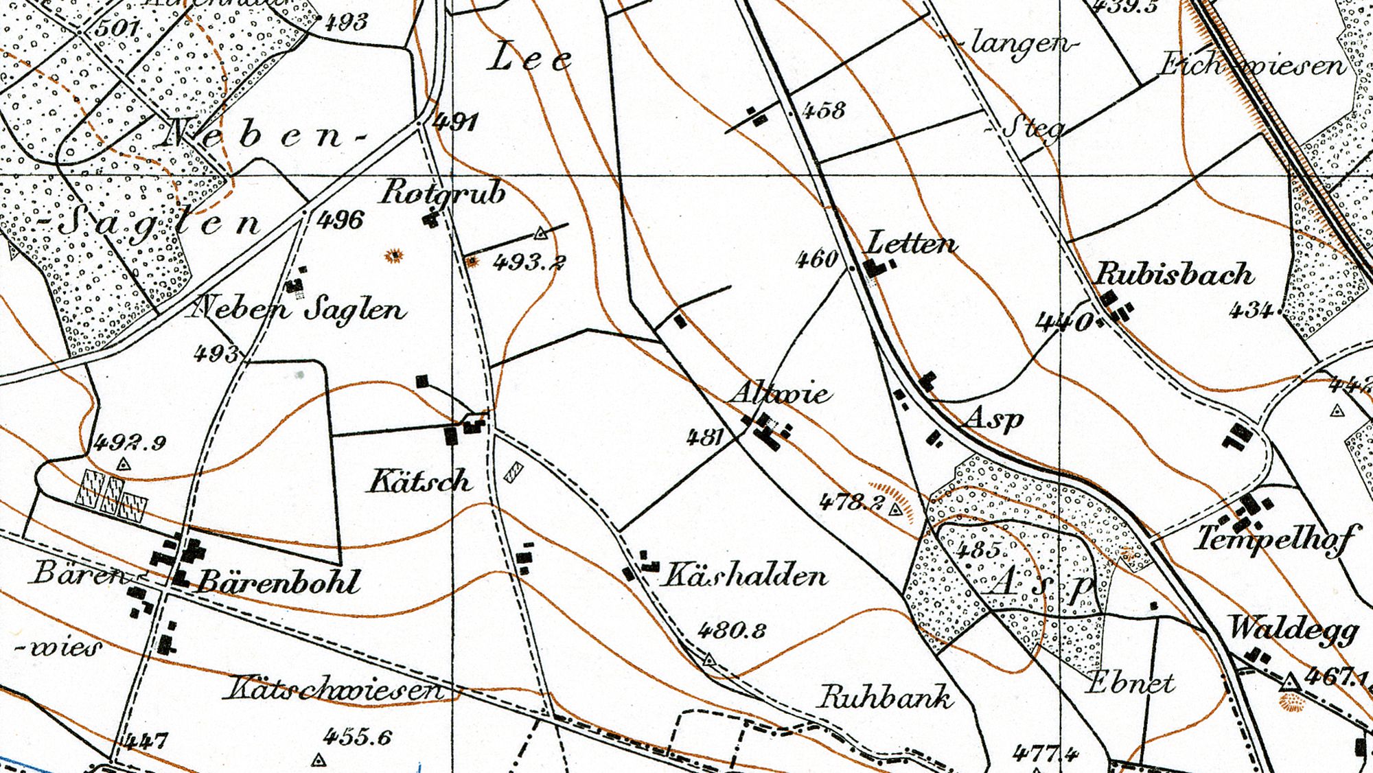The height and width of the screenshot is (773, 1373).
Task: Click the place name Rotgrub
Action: pos(443,192)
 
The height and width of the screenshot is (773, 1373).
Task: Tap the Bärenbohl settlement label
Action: pos(278,583)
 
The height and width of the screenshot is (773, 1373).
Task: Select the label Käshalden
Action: pos(743,575)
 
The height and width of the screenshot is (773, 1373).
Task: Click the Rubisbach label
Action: pos(1173,275)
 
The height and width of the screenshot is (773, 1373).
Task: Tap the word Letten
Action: pos(912,244)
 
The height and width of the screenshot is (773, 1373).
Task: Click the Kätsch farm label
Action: pos(420,481)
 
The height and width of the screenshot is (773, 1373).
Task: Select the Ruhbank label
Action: pos(884,697)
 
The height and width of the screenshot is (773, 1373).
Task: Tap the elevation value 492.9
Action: pos(130,443)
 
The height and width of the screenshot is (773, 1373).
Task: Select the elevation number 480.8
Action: pos(732,630)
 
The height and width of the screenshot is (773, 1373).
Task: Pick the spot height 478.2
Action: pos(851,503)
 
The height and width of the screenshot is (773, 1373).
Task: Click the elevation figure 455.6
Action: pos(357,737)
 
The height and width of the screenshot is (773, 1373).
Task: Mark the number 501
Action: pos(117,28)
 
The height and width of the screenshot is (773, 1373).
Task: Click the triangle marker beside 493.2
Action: pos(541,233)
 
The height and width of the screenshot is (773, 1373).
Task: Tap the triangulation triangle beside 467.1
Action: pos(1290,682)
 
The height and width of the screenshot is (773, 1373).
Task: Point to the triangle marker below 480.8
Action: pos(709,660)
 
